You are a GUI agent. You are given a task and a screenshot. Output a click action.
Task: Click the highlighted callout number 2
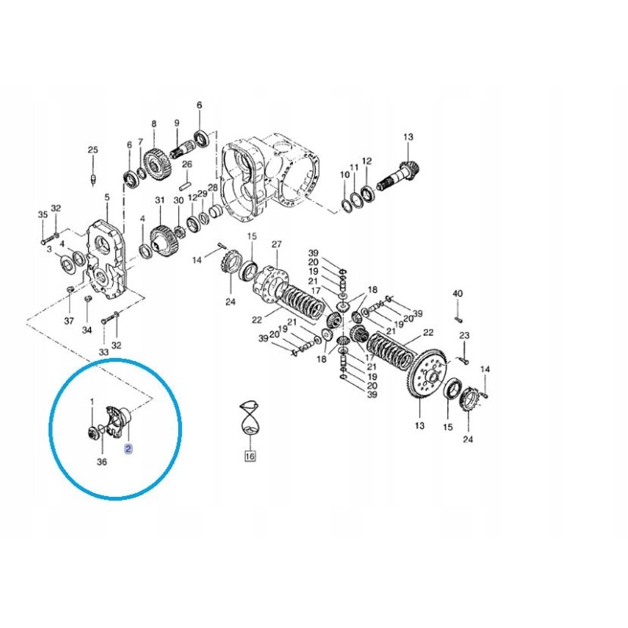[128, 449]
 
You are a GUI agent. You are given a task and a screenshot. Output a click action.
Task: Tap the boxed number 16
[250, 456]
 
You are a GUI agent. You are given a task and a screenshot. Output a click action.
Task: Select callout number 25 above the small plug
[93, 150]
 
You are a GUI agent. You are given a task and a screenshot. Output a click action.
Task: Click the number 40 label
[458, 294]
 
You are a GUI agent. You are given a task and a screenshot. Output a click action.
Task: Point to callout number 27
[277, 244]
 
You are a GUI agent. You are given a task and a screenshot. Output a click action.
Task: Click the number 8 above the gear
[154, 124]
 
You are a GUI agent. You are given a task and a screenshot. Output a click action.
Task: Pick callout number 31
[160, 199]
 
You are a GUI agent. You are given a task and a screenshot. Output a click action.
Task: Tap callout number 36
[102, 462]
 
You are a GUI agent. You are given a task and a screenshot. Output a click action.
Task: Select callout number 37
[69, 321]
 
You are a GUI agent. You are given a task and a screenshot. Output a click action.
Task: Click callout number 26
[187, 164]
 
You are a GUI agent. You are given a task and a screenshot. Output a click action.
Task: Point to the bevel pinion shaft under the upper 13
[398, 174]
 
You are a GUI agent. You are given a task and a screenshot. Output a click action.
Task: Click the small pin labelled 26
[185, 186]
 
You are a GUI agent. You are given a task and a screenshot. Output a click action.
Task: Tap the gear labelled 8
[158, 165]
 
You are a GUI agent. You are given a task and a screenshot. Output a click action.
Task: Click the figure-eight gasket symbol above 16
[250, 418]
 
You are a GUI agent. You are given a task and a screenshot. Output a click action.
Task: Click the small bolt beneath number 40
[459, 319]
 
